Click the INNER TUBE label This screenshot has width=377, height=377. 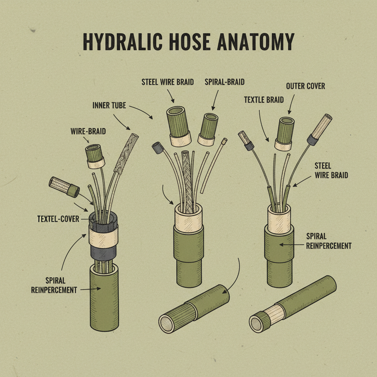click(x=109, y=106)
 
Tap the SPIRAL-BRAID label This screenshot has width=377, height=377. click(x=225, y=82)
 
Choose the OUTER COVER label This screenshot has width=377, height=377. click(x=305, y=86)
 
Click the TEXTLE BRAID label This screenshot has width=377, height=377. click(x=264, y=99)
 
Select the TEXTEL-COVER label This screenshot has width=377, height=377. click(x=58, y=219)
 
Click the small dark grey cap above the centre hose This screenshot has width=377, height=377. click(x=158, y=148)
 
